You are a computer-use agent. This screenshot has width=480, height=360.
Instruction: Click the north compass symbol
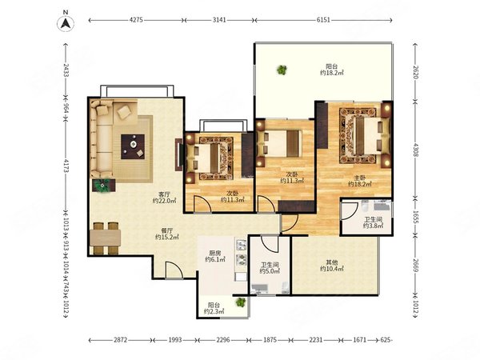pyautogui.click(x=66, y=22)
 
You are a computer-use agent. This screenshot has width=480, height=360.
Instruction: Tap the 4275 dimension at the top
pyautogui.click(x=136, y=20)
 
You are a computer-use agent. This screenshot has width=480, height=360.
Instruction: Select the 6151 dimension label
pyautogui.click(x=323, y=20)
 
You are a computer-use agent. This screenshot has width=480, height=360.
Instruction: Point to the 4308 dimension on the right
pyautogui.click(x=415, y=150)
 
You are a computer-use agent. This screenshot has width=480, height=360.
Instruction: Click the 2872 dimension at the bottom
pyautogui.click(x=121, y=340)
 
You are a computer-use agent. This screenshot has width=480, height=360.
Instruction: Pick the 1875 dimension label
pyautogui.click(x=270, y=340)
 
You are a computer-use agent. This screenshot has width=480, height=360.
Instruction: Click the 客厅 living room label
pyautogui.click(x=164, y=194)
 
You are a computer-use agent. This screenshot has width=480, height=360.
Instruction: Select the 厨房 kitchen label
pyautogui.click(x=215, y=253)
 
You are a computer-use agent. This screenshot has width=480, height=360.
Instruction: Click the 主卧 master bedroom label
pyautogui.click(x=360, y=178)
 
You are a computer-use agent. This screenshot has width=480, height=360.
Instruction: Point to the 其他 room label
pyautogui.click(x=332, y=262)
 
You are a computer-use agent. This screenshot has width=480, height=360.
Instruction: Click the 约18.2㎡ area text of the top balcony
pyautogui.click(x=332, y=73)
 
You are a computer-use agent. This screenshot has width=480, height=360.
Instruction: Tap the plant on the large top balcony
pyautogui.click(x=282, y=70)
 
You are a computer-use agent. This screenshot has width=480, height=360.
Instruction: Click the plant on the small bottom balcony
pyautogui.click(x=241, y=302)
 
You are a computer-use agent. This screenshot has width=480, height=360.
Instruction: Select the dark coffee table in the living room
pyautogui.click(x=133, y=146)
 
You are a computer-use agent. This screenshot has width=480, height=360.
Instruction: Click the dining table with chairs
pyautogui.click(x=106, y=238)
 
